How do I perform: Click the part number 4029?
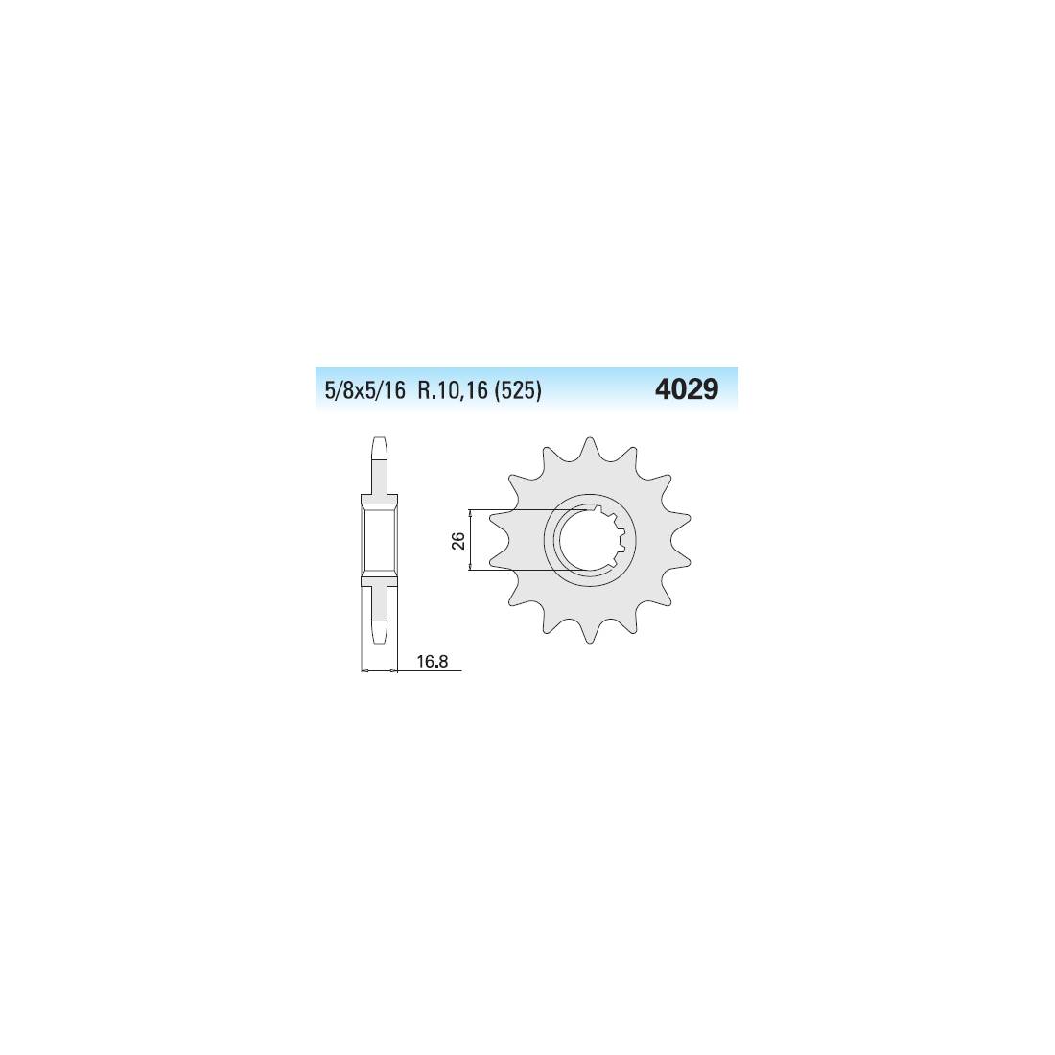tap(687, 389)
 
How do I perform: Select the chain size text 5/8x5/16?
tap(365, 391)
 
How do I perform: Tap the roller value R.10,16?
tap(453, 391)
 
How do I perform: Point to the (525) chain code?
tap(518, 391)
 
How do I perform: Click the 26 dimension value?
tap(458, 540)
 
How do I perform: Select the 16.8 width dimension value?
tap(432, 662)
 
